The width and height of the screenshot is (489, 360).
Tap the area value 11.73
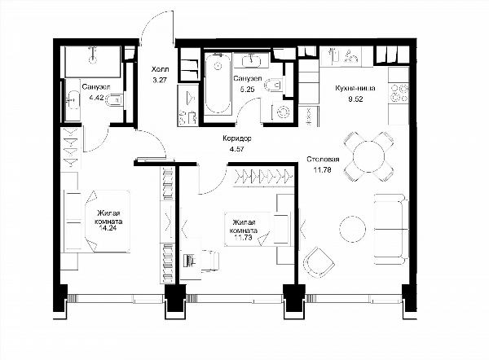click(242, 238)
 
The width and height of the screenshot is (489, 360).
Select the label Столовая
click(323, 160)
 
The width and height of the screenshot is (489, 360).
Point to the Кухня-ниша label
click(355, 88)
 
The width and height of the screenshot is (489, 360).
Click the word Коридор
click(237, 138)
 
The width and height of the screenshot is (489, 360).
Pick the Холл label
click(160, 69)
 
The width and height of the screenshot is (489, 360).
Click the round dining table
click(369, 156)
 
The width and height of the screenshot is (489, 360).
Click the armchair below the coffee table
click(319, 261)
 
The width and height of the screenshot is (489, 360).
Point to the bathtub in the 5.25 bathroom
click(218, 84)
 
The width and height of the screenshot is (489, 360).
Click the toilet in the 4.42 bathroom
click(115, 100)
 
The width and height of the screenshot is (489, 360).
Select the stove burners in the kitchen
click(399, 93)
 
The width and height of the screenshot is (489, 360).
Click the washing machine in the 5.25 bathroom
click(283, 112)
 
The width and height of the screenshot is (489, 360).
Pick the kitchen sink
click(331, 56)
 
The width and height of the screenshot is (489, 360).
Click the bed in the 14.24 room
click(97, 221)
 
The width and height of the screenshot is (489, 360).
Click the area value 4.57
click(236, 149)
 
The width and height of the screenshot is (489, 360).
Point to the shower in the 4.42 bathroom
click(93, 62)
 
